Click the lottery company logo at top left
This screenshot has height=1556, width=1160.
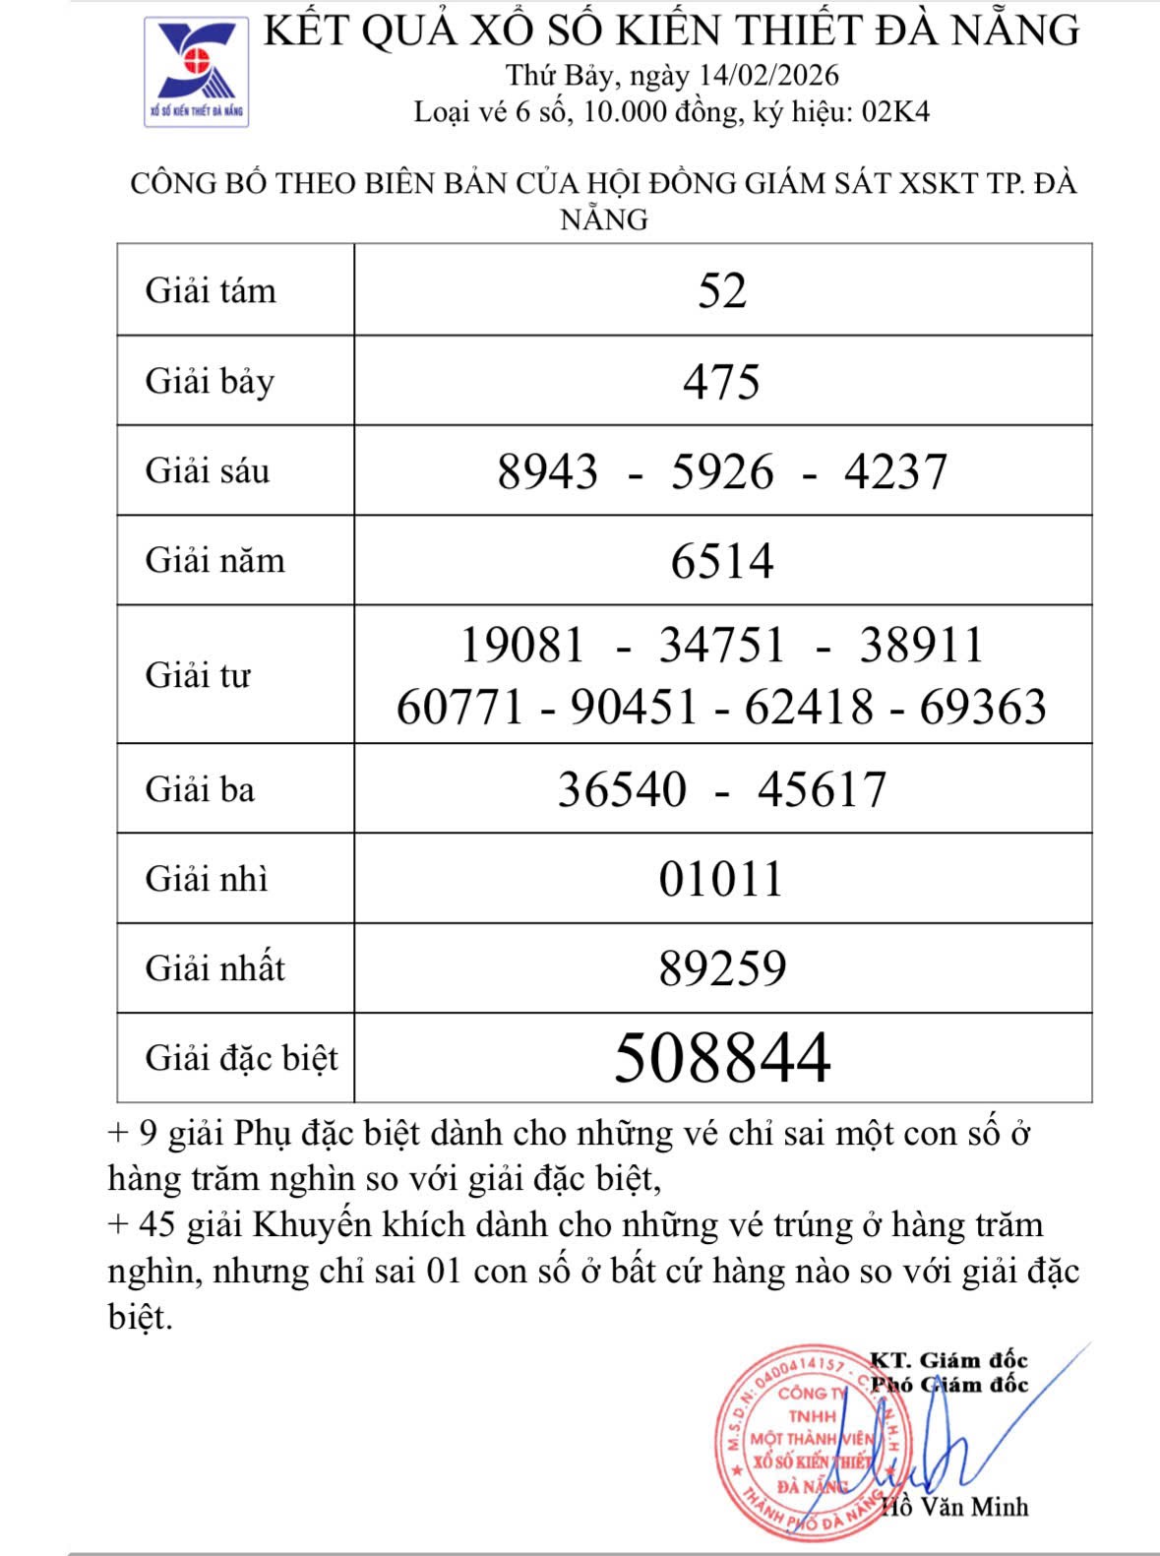tap(196, 73)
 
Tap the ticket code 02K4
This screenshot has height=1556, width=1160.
tap(895, 111)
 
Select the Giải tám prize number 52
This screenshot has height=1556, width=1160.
tap(722, 290)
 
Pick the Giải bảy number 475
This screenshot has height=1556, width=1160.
tap(722, 381)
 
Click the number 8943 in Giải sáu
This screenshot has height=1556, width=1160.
tap(547, 471)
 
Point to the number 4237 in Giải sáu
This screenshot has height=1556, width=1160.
tap(895, 471)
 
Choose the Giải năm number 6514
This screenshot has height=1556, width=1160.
tap(722, 561)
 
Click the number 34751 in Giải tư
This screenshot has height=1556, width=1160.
tap(722, 646)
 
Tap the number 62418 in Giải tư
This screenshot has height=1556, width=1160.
tap(809, 707)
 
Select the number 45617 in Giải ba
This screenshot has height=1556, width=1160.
tap(822, 789)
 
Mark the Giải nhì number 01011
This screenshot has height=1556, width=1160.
tap(722, 879)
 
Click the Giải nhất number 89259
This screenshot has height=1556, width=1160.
tap(722, 968)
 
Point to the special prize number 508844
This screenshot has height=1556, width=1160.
tap(722, 1058)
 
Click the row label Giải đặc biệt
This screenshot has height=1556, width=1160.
tap(241, 1058)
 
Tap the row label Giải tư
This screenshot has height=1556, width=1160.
tap(198, 675)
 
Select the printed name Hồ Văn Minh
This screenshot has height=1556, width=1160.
tap(954, 1507)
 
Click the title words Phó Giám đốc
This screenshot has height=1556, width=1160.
tap(948, 1385)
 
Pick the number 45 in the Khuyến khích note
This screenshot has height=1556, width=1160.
tap(157, 1225)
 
